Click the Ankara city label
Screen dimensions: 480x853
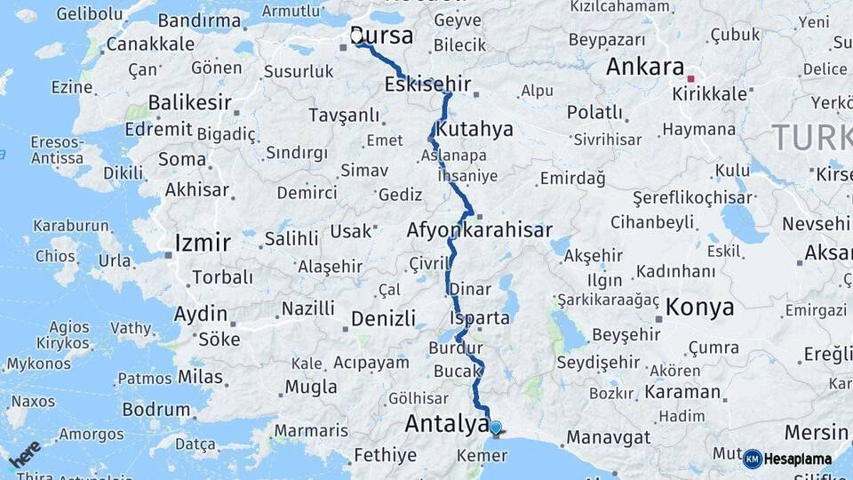point(645,67)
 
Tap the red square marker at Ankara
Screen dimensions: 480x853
point(690,78)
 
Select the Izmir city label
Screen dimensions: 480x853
point(203,243)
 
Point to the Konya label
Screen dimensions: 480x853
point(700,308)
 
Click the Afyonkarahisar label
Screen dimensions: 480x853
point(480,229)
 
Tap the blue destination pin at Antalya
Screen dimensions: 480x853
point(495,428)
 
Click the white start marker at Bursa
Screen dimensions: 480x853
point(357,36)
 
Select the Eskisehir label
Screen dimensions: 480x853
point(428,84)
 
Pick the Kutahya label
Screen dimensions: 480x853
point(474,129)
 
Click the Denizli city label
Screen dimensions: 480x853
point(383,318)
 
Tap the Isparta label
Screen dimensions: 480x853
point(480,317)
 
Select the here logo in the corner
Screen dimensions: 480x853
point(25,453)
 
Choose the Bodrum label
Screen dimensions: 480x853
point(156,410)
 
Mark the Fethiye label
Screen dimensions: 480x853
point(385,455)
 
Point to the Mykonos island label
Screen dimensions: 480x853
point(38,364)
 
